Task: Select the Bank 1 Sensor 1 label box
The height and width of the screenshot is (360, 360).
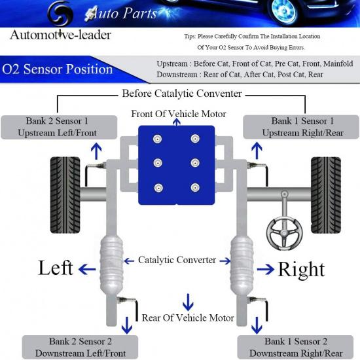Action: point(302,126)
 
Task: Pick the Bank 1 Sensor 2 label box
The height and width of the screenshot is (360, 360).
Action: point(293,347)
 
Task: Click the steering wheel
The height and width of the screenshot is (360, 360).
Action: point(285,228)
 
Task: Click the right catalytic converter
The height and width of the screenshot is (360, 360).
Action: point(242,264)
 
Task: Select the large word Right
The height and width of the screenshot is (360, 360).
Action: point(300,269)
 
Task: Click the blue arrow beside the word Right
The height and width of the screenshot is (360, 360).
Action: point(264,269)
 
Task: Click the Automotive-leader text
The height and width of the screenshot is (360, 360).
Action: point(60,35)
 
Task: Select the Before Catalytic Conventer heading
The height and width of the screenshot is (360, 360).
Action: point(181,94)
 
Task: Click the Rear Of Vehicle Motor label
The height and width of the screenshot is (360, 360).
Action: point(188,317)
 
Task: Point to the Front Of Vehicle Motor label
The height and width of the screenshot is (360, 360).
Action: point(179,114)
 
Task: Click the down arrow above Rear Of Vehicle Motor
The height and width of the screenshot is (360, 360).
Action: point(188,302)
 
